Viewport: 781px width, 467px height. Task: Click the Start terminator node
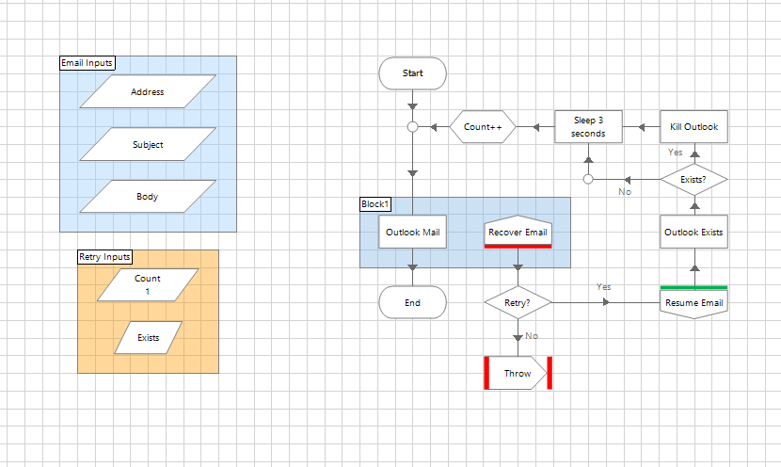click(412, 73)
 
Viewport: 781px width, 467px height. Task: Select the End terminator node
click(412, 303)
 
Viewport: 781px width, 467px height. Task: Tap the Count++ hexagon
click(483, 126)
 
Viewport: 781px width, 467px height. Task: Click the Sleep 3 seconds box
click(588, 126)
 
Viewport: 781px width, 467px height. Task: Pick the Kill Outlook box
click(693, 126)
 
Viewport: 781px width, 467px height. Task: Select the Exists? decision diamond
click(693, 178)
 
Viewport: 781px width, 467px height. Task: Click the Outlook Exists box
click(693, 233)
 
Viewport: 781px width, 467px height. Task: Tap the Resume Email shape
click(693, 302)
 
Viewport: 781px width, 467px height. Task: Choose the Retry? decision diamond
click(518, 302)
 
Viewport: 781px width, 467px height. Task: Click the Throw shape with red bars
click(518, 373)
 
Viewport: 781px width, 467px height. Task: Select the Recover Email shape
click(518, 233)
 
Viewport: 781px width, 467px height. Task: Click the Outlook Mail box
click(412, 233)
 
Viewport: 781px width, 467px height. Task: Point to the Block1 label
click(375, 204)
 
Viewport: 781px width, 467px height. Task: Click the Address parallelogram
click(148, 92)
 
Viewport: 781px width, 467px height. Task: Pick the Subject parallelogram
click(148, 145)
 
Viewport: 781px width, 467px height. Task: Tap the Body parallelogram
click(148, 197)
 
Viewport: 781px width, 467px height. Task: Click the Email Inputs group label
click(87, 63)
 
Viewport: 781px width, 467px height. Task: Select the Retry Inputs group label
click(104, 256)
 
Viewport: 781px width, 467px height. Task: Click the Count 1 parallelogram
click(148, 284)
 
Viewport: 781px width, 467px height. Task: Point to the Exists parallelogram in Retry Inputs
click(148, 337)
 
